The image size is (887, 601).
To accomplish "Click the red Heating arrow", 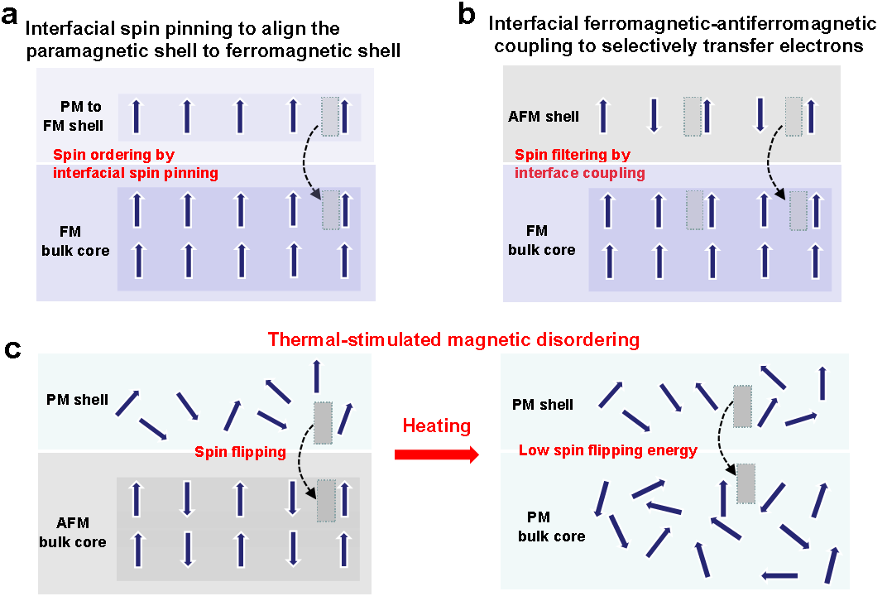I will pos(437,454).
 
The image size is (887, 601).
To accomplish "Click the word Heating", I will pos(436,426).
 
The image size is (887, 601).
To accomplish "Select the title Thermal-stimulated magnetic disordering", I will pos(453,339).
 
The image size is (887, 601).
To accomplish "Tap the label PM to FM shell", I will pos(81,116).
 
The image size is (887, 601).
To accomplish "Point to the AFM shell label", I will pos(544,117).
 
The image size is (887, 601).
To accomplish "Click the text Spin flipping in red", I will pos(240,452).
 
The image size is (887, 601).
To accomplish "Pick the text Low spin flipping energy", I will pos(607,451).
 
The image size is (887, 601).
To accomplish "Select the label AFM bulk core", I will pos(73,532).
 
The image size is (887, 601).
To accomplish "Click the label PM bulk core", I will pos(551,526).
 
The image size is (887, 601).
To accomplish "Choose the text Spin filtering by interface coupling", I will pos(579,164).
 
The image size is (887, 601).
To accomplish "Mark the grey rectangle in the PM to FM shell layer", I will pos(330,116).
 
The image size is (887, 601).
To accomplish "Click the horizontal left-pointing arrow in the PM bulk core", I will pos(779,575).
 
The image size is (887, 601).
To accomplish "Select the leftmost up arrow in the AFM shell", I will pos(603,116).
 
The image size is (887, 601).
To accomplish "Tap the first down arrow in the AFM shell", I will pos(654,116).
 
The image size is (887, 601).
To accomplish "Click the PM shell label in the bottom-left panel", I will pos(77,400).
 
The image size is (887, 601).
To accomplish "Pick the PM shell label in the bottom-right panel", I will pos(543,405).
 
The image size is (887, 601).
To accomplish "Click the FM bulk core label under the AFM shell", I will pos(541,240).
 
